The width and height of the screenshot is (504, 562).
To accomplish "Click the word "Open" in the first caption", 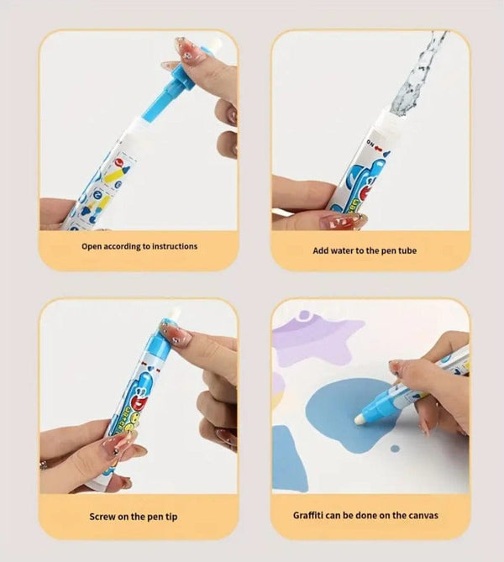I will click(92, 247).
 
